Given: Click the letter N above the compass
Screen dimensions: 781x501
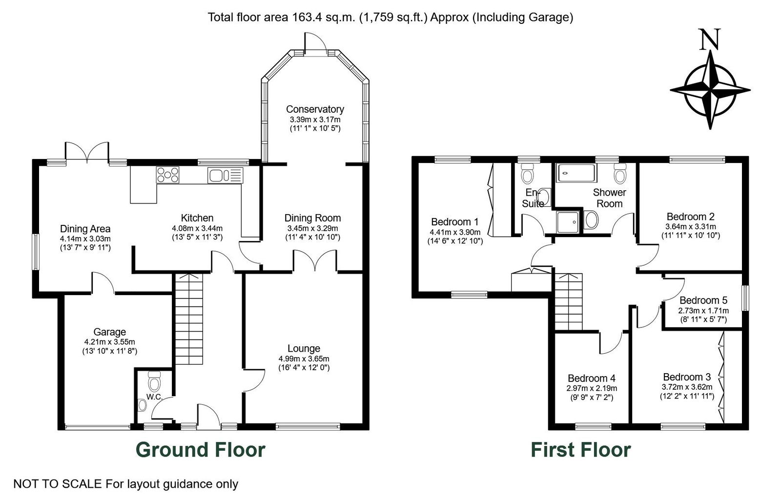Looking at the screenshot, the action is [x=710, y=39].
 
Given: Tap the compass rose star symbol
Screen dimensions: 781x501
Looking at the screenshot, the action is [x=710, y=90].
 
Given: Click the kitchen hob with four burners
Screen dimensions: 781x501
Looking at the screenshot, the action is [x=168, y=175].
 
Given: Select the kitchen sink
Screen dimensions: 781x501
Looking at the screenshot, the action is [x=225, y=175].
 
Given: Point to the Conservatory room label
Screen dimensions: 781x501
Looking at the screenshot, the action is [x=315, y=109].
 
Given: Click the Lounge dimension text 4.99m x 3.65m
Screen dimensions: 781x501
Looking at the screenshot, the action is [x=304, y=359].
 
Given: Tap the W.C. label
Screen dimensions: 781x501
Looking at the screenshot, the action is [x=154, y=397].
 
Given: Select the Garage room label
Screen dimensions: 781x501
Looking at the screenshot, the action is [x=109, y=332].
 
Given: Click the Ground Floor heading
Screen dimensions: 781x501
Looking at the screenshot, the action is [x=201, y=449].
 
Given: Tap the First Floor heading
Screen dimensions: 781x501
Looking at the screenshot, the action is [x=580, y=449].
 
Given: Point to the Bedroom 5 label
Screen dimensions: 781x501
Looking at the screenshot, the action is [x=703, y=300].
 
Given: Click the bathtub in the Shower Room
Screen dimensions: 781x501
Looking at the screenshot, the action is [x=576, y=173].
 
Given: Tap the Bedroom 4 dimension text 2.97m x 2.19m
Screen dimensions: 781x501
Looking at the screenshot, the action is [x=592, y=388].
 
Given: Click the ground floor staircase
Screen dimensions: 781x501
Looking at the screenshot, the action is [x=188, y=319].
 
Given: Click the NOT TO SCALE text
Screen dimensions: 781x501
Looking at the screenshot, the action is [x=58, y=484].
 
